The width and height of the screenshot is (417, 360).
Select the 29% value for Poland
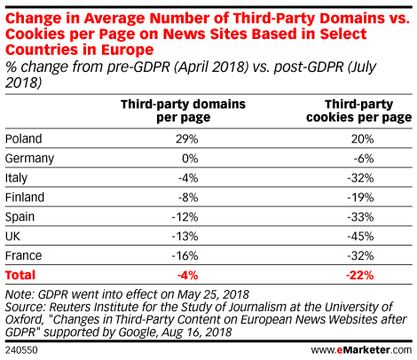point(186,138)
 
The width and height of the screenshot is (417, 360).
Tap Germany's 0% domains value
point(188,158)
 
